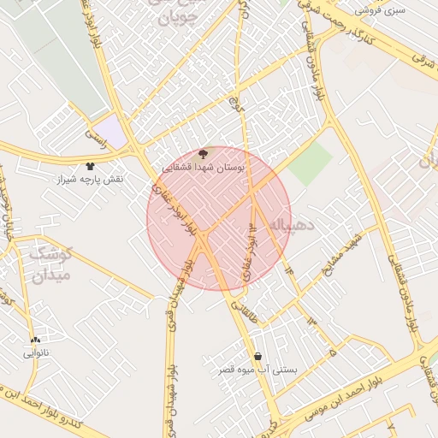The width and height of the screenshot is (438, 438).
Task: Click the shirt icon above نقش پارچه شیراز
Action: pyautogui.click(x=91, y=166)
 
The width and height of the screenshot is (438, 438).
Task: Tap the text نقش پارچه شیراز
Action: pyautogui.click(x=91, y=180)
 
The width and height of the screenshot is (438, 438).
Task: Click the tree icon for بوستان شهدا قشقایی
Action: pyautogui.click(x=202, y=155)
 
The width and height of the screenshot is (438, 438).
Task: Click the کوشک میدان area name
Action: pyautogui.click(x=52, y=264)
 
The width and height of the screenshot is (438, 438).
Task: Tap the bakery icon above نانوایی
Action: pyautogui.click(x=35, y=340)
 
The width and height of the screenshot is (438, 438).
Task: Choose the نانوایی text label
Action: pyautogui.click(x=36, y=352)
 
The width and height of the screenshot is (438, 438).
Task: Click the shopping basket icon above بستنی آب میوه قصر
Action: pyautogui.click(x=257, y=356)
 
